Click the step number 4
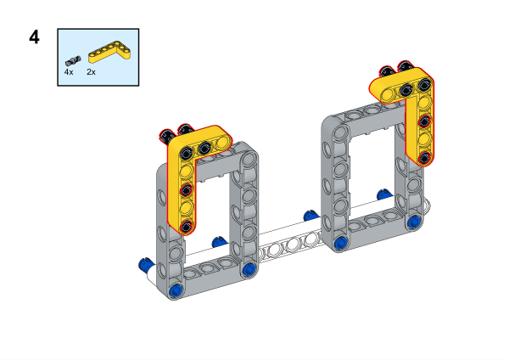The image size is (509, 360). pyautogui.click(x=34, y=37)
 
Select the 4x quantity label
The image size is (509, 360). pyautogui.click(x=69, y=72)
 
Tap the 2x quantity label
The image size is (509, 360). pyautogui.click(x=92, y=72)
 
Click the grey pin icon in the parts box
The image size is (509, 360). pyautogui.click(x=73, y=61)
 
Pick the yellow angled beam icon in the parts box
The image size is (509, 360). pyautogui.click(x=109, y=52)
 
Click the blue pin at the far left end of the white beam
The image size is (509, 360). pyautogui.click(x=145, y=264)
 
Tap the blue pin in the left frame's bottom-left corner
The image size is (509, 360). pyautogui.click(x=176, y=290)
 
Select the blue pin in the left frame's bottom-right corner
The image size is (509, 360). pyautogui.click(x=249, y=269)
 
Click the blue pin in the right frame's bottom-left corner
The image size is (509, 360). pyautogui.click(x=340, y=242)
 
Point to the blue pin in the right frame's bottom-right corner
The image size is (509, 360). pyautogui.click(x=414, y=222)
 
